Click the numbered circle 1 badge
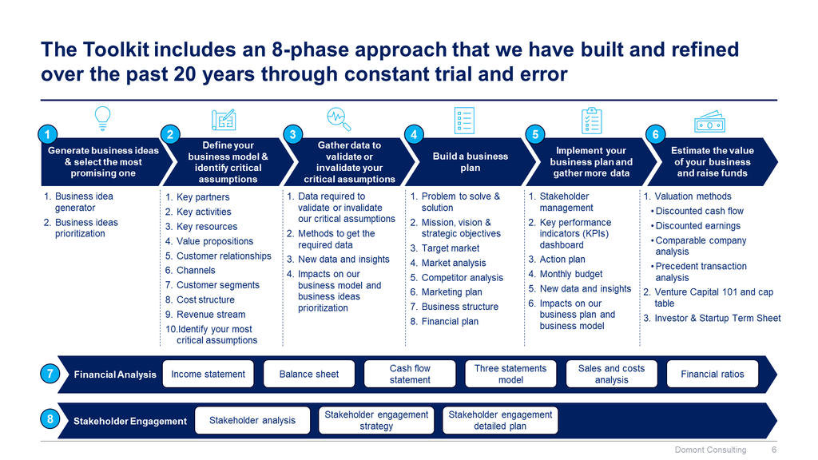49,135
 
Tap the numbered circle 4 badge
412,135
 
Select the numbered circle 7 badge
50,373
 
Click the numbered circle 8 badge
50,419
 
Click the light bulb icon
102,117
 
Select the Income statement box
208,374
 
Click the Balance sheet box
309,374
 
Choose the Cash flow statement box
410,374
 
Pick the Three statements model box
510,374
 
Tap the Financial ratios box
712,374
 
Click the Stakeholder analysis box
252,420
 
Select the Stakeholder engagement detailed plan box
500,420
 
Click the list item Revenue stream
211,315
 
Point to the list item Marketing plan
451,292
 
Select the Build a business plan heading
471,162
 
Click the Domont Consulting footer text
710,450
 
